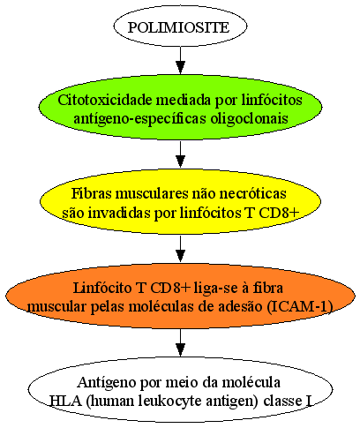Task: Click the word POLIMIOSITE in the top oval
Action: click(x=178, y=27)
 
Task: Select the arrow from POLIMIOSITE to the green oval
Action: click(x=180, y=60)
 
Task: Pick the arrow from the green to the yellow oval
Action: click(x=180, y=154)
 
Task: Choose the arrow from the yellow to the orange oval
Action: click(x=180, y=249)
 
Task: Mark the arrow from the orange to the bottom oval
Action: click(x=180, y=342)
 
